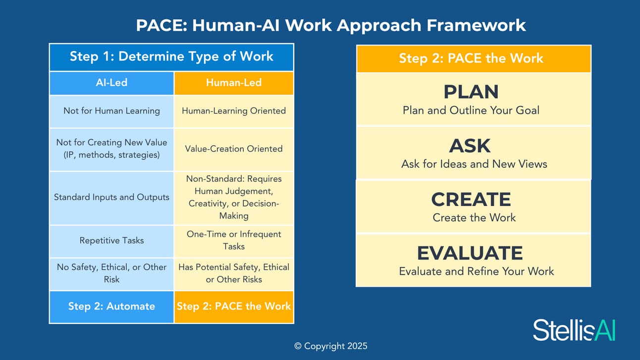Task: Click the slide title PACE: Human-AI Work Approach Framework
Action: [331, 25]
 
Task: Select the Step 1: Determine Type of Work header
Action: [171, 57]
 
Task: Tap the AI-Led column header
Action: [112, 83]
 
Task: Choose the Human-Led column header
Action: [234, 83]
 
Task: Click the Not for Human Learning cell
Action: [112, 111]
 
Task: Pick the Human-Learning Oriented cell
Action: [234, 111]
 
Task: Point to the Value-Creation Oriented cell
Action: [234, 150]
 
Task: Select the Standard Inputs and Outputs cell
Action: [112, 198]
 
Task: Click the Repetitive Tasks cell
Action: [112, 241]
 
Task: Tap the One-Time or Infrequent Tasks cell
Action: [234, 241]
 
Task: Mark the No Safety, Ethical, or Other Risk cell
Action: [112, 274]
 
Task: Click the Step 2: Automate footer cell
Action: [112, 307]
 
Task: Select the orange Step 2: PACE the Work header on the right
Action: [474, 58]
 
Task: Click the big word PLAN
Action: [471, 92]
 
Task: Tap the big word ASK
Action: [470, 146]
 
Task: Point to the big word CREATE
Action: [471, 199]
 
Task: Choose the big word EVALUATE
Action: [470, 253]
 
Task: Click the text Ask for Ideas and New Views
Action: [474, 164]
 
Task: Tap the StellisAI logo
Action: [574, 330]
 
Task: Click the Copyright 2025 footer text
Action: [331, 346]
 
